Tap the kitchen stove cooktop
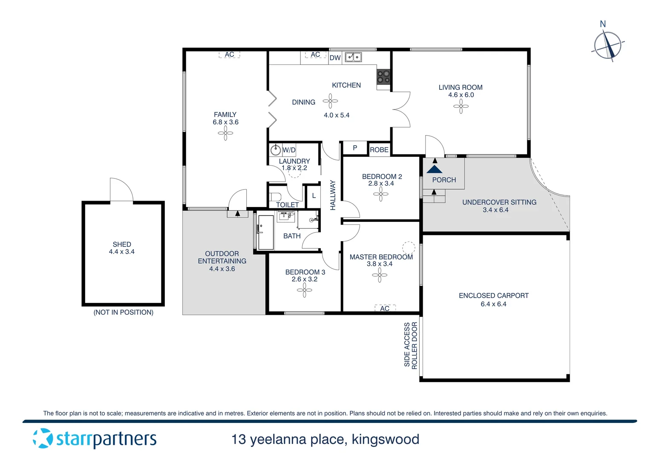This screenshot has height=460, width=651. pyautogui.click(x=383, y=77)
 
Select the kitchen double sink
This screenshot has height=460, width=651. pyautogui.click(x=353, y=57)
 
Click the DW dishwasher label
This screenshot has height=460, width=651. pyautogui.click(x=335, y=58)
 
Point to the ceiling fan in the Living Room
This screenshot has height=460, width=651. pyautogui.click(x=461, y=106)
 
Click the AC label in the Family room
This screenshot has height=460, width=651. pyautogui.click(x=229, y=55)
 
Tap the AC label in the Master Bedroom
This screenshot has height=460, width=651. pyautogui.click(x=385, y=308)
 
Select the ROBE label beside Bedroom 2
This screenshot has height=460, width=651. pyautogui.click(x=379, y=149)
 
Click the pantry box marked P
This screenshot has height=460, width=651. pyautogui.click(x=354, y=148)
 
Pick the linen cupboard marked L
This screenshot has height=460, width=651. pyautogui.click(x=314, y=196)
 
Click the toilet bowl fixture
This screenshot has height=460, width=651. pyautogui.click(x=276, y=197)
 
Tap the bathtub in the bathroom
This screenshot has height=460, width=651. pyautogui.click(x=266, y=232)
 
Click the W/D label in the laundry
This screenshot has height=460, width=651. pyautogui.click(x=289, y=150)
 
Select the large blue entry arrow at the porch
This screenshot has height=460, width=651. pyautogui.click(x=434, y=169)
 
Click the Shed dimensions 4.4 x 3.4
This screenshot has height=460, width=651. pyautogui.click(x=121, y=252)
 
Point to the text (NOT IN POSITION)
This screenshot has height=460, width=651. pyautogui.click(x=123, y=312)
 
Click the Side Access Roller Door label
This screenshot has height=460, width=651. pyautogui.click(x=411, y=345)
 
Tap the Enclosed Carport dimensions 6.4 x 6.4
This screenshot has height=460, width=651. pyautogui.click(x=493, y=304)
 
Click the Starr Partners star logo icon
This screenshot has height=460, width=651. pyautogui.click(x=43, y=438)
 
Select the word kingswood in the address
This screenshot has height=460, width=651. pyautogui.click(x=386, y=439)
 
